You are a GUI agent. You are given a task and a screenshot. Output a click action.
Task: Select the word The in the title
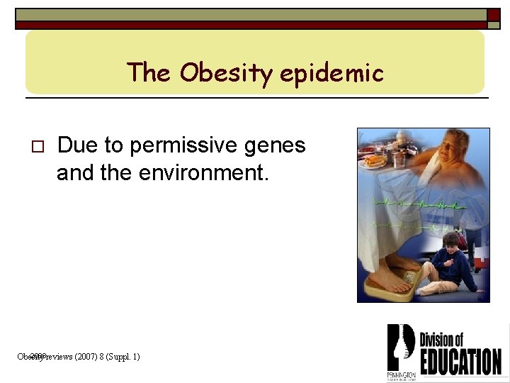coord(149,72)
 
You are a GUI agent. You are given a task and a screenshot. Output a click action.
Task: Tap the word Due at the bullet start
coord(74,145)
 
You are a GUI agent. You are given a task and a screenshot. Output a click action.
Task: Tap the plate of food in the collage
coord(375,162)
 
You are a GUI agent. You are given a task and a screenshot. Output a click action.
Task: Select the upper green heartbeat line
coord(418,204)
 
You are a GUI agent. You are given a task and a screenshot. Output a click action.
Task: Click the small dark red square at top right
coord(493,15)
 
